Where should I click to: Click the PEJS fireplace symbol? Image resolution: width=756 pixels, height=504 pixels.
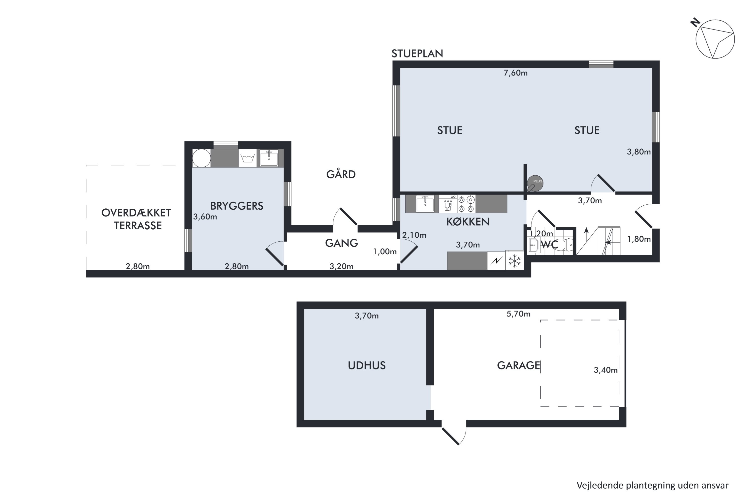pos(534,183)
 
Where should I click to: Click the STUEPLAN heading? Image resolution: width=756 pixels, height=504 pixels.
pos(417,53)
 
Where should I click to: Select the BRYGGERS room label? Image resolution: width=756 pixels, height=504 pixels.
pos(237,206)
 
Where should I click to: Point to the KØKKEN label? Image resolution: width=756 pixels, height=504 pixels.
pos(468,222)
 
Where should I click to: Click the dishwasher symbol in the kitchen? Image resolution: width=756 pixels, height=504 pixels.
pos(448,204)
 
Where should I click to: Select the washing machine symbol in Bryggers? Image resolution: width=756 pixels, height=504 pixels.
pos(247,158)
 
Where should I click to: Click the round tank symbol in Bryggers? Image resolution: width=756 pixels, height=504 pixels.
pos(202,158)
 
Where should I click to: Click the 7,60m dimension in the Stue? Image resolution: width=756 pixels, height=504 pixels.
pos(516,73)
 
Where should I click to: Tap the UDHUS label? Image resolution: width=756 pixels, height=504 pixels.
pos(367,365)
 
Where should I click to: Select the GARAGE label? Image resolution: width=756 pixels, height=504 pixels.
pos(518,365)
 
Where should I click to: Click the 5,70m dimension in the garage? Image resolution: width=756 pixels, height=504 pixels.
pos(518,314)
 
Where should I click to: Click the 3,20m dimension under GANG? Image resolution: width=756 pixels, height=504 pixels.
pos(341,266)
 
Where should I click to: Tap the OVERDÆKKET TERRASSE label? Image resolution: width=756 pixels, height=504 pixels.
pos(137,219)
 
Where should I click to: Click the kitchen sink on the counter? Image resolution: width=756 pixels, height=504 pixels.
pos(425,204)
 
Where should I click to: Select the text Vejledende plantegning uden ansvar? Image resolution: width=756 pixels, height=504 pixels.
pos(652,486)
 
